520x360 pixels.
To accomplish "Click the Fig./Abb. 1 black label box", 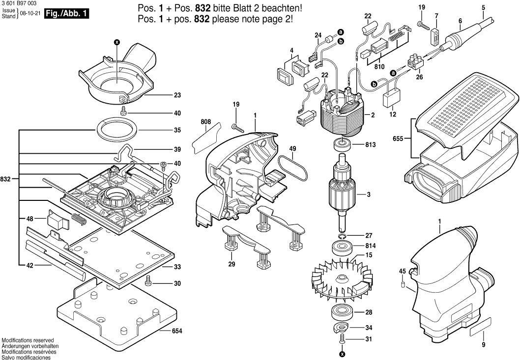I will (66, 14).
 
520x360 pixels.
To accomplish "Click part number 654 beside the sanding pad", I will (177, 331).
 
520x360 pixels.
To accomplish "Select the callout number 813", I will (371, 145).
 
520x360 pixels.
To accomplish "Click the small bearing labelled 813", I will (341, 145).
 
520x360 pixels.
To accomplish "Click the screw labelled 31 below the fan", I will (342, 339).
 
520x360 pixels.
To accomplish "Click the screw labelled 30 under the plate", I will (148, 282).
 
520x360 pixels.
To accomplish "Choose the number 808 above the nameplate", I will (205, 121).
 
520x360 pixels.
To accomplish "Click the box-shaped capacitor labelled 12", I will (392, 99).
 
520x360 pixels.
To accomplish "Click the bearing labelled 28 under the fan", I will (341, 312).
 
